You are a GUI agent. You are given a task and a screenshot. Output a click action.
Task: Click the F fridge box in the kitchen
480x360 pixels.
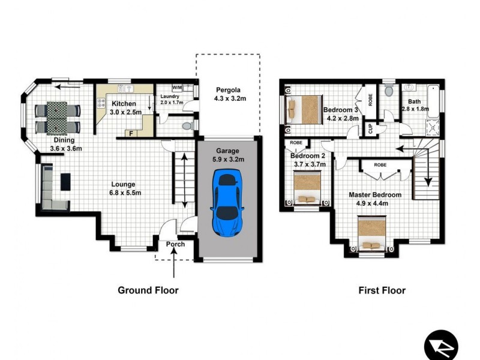pyautogui.click(x=131, y=133)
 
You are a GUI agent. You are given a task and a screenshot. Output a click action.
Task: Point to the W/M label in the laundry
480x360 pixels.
pyautogui.click(x=178, y=88)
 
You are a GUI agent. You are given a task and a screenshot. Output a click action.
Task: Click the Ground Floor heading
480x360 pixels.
pyautogui.click(x=148, y=290)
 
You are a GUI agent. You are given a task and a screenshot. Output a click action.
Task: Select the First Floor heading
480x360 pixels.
pyautogui.click(x=382, y=290)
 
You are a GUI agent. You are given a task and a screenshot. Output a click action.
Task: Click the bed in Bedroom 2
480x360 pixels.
pyautogui.click(x=308, y=188)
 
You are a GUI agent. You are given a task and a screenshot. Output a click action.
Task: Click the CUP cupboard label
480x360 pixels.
pyautogui.click(x=371, y=128)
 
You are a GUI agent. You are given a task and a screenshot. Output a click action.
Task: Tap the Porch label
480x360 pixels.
pyautogui.click(x=176, y=244)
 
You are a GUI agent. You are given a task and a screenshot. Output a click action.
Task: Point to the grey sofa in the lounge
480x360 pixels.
pyautogui.click(x=48, y=184)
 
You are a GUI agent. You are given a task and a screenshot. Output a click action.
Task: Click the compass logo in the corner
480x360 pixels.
pyautogui.click(x=441, y=346)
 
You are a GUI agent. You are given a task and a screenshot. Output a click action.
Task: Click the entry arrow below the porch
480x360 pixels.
pyautogui.click(x=174, y=264)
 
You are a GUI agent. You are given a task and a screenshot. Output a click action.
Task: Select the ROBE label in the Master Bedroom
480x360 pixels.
pyautogui.click(x=380, y=164)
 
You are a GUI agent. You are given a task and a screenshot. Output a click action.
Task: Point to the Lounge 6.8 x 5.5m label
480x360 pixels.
pyautogui.click(x=126, y=188)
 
